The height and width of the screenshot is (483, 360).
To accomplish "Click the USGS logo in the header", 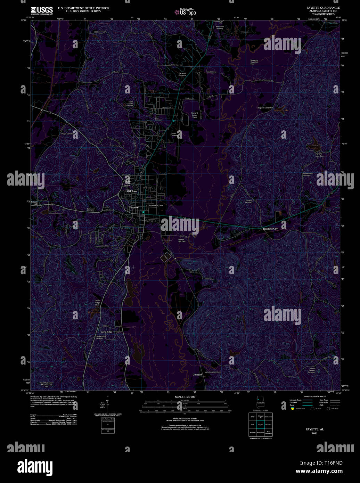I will point(41,10).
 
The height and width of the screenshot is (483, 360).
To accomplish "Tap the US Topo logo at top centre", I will point(186,12).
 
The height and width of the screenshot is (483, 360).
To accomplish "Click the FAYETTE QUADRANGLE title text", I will point(323,8).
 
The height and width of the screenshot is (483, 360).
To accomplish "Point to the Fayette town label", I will point(134,207).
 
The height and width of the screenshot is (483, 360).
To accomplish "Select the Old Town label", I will point(132,191).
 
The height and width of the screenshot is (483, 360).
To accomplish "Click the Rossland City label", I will point(270,229).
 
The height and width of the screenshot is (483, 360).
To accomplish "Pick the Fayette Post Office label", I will point(156,205).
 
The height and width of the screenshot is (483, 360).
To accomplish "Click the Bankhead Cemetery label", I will point(90,210).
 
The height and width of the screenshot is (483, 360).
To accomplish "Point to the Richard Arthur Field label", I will point(194,115).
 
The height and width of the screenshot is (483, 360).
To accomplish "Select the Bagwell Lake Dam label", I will point(265,108).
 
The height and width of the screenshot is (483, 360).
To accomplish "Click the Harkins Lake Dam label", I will point(319,155).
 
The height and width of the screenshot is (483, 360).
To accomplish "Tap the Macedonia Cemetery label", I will point(213,372).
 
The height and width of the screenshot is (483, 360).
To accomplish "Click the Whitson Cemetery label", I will point(248,201).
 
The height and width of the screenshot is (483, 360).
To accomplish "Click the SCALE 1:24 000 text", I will point(185,397).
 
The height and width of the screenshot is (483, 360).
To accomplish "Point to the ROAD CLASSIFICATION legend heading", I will point(314,396).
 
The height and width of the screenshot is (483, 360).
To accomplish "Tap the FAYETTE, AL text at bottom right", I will point(314,429).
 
